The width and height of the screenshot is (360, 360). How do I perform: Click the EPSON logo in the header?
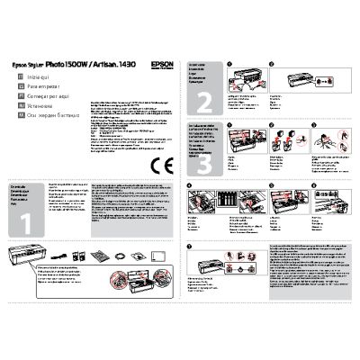pos(156,64)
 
